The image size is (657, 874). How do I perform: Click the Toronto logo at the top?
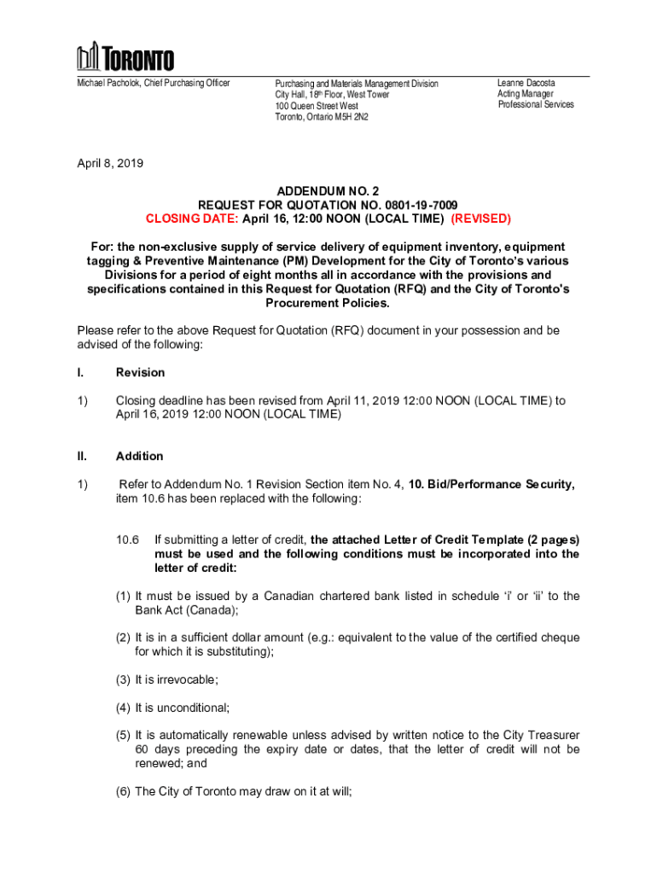(x=125, y=57)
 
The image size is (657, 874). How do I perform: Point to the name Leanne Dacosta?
(x=526, y=83)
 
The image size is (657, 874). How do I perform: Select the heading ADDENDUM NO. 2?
(x=328, y=191)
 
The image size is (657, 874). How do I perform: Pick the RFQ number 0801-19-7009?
(x=415, y=205)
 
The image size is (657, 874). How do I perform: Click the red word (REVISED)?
(x=480, y=218)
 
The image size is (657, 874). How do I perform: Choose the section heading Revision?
(x=140, y=372)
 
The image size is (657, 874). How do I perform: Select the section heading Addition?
(x=139, y=456)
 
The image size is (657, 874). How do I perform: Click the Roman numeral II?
(x=82, y=456)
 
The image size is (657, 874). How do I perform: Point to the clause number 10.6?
(x=127, y=539)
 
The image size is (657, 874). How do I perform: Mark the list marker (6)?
(x=124, y=791)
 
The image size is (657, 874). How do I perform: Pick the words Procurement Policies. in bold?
(x=328, y=303)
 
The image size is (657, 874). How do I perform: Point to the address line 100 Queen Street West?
(x=317, y=106)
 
